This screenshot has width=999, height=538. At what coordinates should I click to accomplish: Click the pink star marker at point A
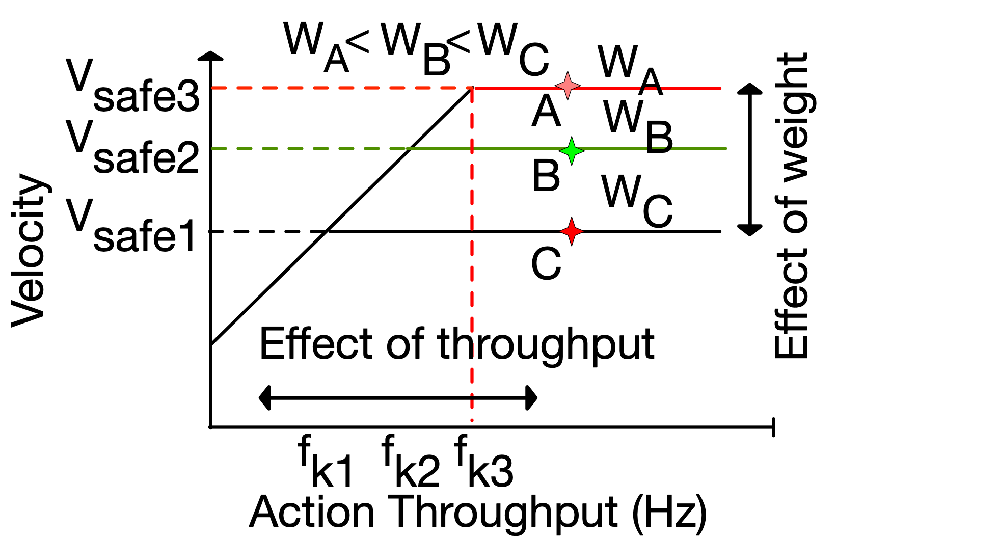(x=568, y=86)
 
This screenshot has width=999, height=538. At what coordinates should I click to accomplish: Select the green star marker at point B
(x=572, y=150)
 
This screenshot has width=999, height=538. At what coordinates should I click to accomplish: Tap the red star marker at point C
(x=572, y=231)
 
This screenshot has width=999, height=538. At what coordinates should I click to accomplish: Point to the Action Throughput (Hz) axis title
(x=478, y=512)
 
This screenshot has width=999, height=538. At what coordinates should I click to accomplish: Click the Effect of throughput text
(x=456, y=344)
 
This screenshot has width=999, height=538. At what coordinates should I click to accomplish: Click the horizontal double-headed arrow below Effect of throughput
(x=398, y=398)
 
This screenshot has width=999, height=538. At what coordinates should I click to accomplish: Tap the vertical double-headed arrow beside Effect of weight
(x=749, y=159)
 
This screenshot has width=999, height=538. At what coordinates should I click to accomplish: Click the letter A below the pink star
(x=546, y=112)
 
